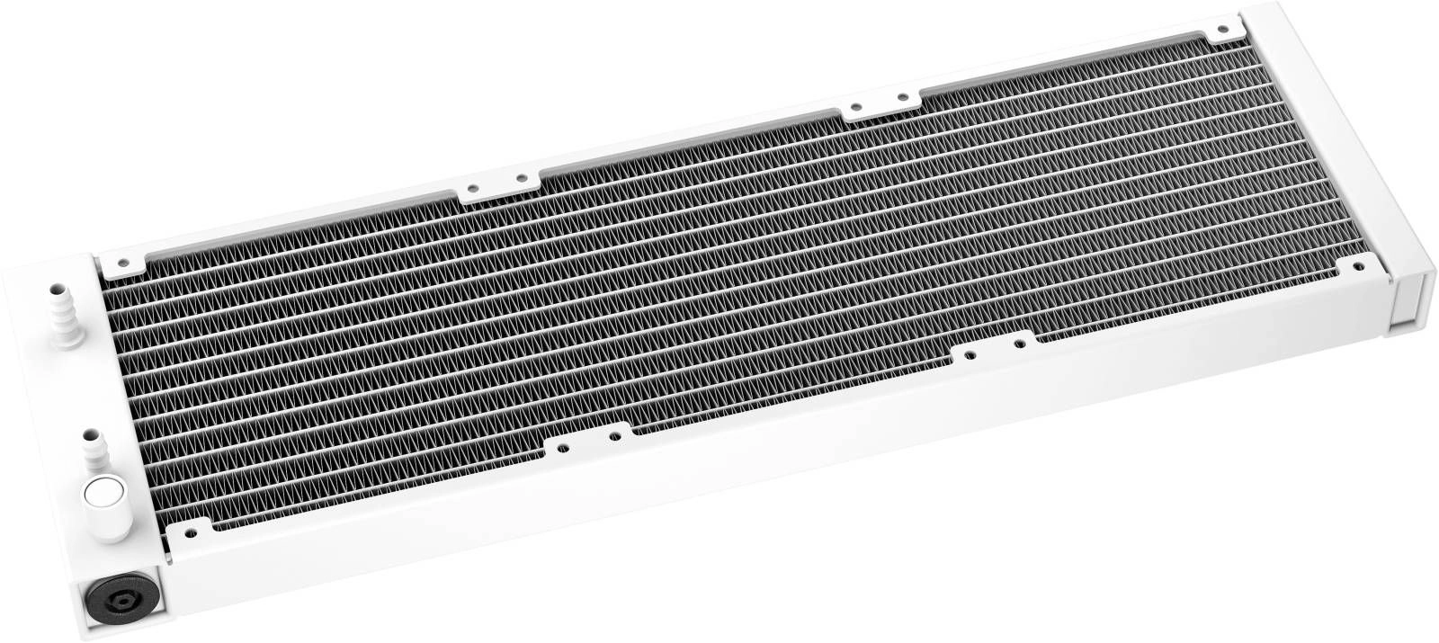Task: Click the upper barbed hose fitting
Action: click(x=63, y=311)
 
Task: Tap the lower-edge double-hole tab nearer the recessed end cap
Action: click(x=993, y=347)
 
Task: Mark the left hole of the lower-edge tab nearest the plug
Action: click(x=561, y=444)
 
